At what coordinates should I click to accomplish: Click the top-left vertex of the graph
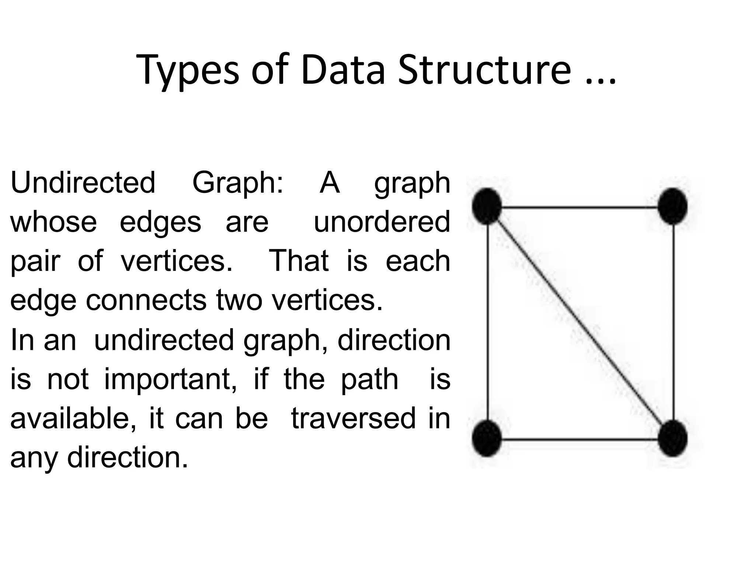pyautogui.click(x=487, y=206)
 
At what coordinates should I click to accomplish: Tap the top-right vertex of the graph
pyautogui.click(x=672, y=206)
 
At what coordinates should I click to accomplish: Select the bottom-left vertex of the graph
pyautogui.click(x=487, y=438)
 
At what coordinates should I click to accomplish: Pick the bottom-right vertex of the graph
pyautogui.click(x=672, y=438)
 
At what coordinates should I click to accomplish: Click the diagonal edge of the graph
pyautogui.click(x=580, y=322)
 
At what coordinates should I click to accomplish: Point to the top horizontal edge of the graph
pyautogui.click(x=580, y=208)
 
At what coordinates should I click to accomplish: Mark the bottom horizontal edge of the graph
pyautogui.click(x=580, y=439)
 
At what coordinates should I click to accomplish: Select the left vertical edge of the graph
pyautogui.click(x=488, y=322)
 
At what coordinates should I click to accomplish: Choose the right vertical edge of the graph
pyautogui.click(x=674, y=322)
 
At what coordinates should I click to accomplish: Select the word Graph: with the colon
pyautogui.click(x=238, y=183)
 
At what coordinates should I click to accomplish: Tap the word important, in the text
pyautogui.click(x=170, y=380)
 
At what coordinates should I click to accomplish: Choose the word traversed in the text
pyautogui.click(x=354, y=418)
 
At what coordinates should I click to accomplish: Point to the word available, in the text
pyautogui.click(x=73, y=418)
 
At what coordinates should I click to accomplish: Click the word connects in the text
pyautogui.click(x=146, y=300)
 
